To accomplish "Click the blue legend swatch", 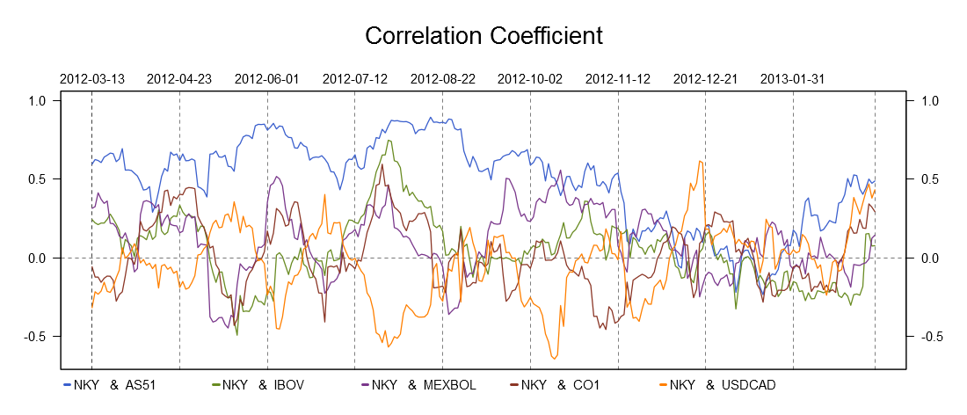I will (x=67, y=384).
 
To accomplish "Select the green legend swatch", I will (x=216, y=384).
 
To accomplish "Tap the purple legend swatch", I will (x=365, y=384).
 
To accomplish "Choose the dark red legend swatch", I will (x=514, y=384).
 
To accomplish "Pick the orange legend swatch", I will (x=663, y=384).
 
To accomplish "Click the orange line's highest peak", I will (x=700, y=161).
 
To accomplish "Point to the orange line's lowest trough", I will (x=554, y=359).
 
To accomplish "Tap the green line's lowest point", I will (x=236, y=334).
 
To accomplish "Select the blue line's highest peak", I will (x=430, y=118).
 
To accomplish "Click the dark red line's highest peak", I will (x=382, y=164).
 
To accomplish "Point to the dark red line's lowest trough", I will (x=604, y=330).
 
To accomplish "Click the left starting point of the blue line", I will (x=91, y=164).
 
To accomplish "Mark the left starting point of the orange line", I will (x=91, y=307).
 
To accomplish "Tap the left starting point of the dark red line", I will (x=91, y=266).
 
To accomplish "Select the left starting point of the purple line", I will (x=91, y=207).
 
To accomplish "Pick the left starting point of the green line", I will (x=91, y=219).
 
